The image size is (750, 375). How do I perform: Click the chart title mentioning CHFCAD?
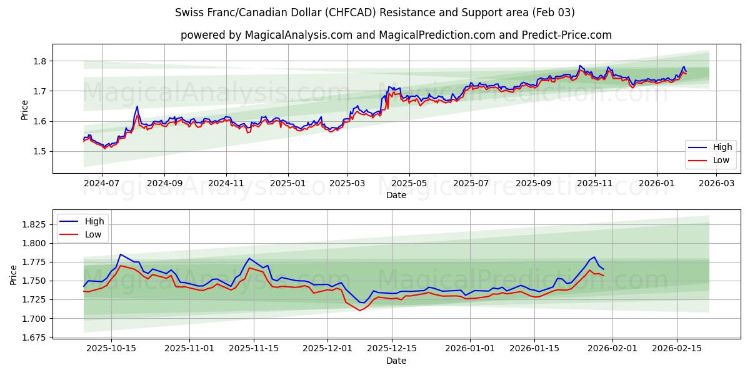[375, 12]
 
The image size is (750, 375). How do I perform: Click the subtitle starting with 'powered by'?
[396, 35]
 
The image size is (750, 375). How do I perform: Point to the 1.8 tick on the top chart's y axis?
[41, 61]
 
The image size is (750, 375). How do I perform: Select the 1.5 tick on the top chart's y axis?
[41, 151]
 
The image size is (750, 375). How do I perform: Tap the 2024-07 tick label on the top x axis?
[101, 184]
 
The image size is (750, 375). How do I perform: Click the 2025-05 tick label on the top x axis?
[409, 184]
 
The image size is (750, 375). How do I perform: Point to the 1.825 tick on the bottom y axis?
[35, 224]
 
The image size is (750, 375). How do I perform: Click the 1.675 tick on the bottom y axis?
[35, 337]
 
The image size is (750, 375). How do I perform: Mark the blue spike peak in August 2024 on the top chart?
[137, 106]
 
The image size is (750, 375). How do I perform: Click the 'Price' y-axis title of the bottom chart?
[14, 274]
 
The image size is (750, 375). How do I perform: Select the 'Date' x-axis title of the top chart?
[396, 195]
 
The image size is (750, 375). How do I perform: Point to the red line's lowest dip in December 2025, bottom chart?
[359, 311]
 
